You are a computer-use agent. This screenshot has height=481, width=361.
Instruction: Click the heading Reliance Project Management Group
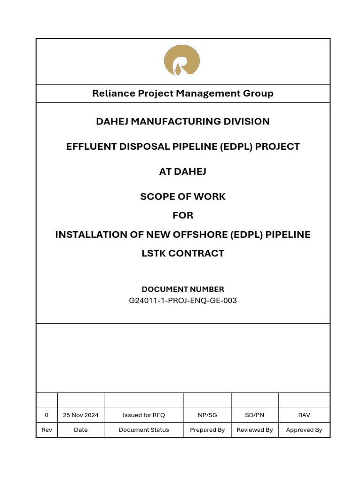(183, 93)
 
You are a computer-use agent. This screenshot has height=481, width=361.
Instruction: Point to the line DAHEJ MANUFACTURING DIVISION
(183, 122)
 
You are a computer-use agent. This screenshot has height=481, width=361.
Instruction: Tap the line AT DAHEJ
(183, 171)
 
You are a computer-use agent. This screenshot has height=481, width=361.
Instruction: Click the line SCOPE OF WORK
(183, 196)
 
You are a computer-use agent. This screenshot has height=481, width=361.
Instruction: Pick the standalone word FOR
(183, 216)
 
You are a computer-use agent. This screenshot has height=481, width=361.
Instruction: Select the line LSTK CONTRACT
(183, 254)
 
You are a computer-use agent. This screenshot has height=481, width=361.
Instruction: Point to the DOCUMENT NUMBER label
(183, 289)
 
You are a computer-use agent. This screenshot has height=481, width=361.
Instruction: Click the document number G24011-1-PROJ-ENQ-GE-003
(183, 301)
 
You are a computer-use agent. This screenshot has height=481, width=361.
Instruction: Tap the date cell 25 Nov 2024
(81, 415)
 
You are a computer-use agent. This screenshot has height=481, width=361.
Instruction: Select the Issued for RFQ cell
(144, 415)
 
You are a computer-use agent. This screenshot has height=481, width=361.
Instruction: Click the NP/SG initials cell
(207, 415)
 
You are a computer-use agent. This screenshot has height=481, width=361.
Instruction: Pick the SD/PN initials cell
(255, 415)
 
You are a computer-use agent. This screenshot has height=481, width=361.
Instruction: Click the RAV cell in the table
(304, 415)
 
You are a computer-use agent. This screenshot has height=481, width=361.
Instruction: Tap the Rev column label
(47, 430)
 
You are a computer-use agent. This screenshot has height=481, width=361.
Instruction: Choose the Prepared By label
(207, 430)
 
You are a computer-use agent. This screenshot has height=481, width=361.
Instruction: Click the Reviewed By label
(255, 430)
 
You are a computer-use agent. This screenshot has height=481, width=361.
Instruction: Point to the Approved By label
(304, 430)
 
